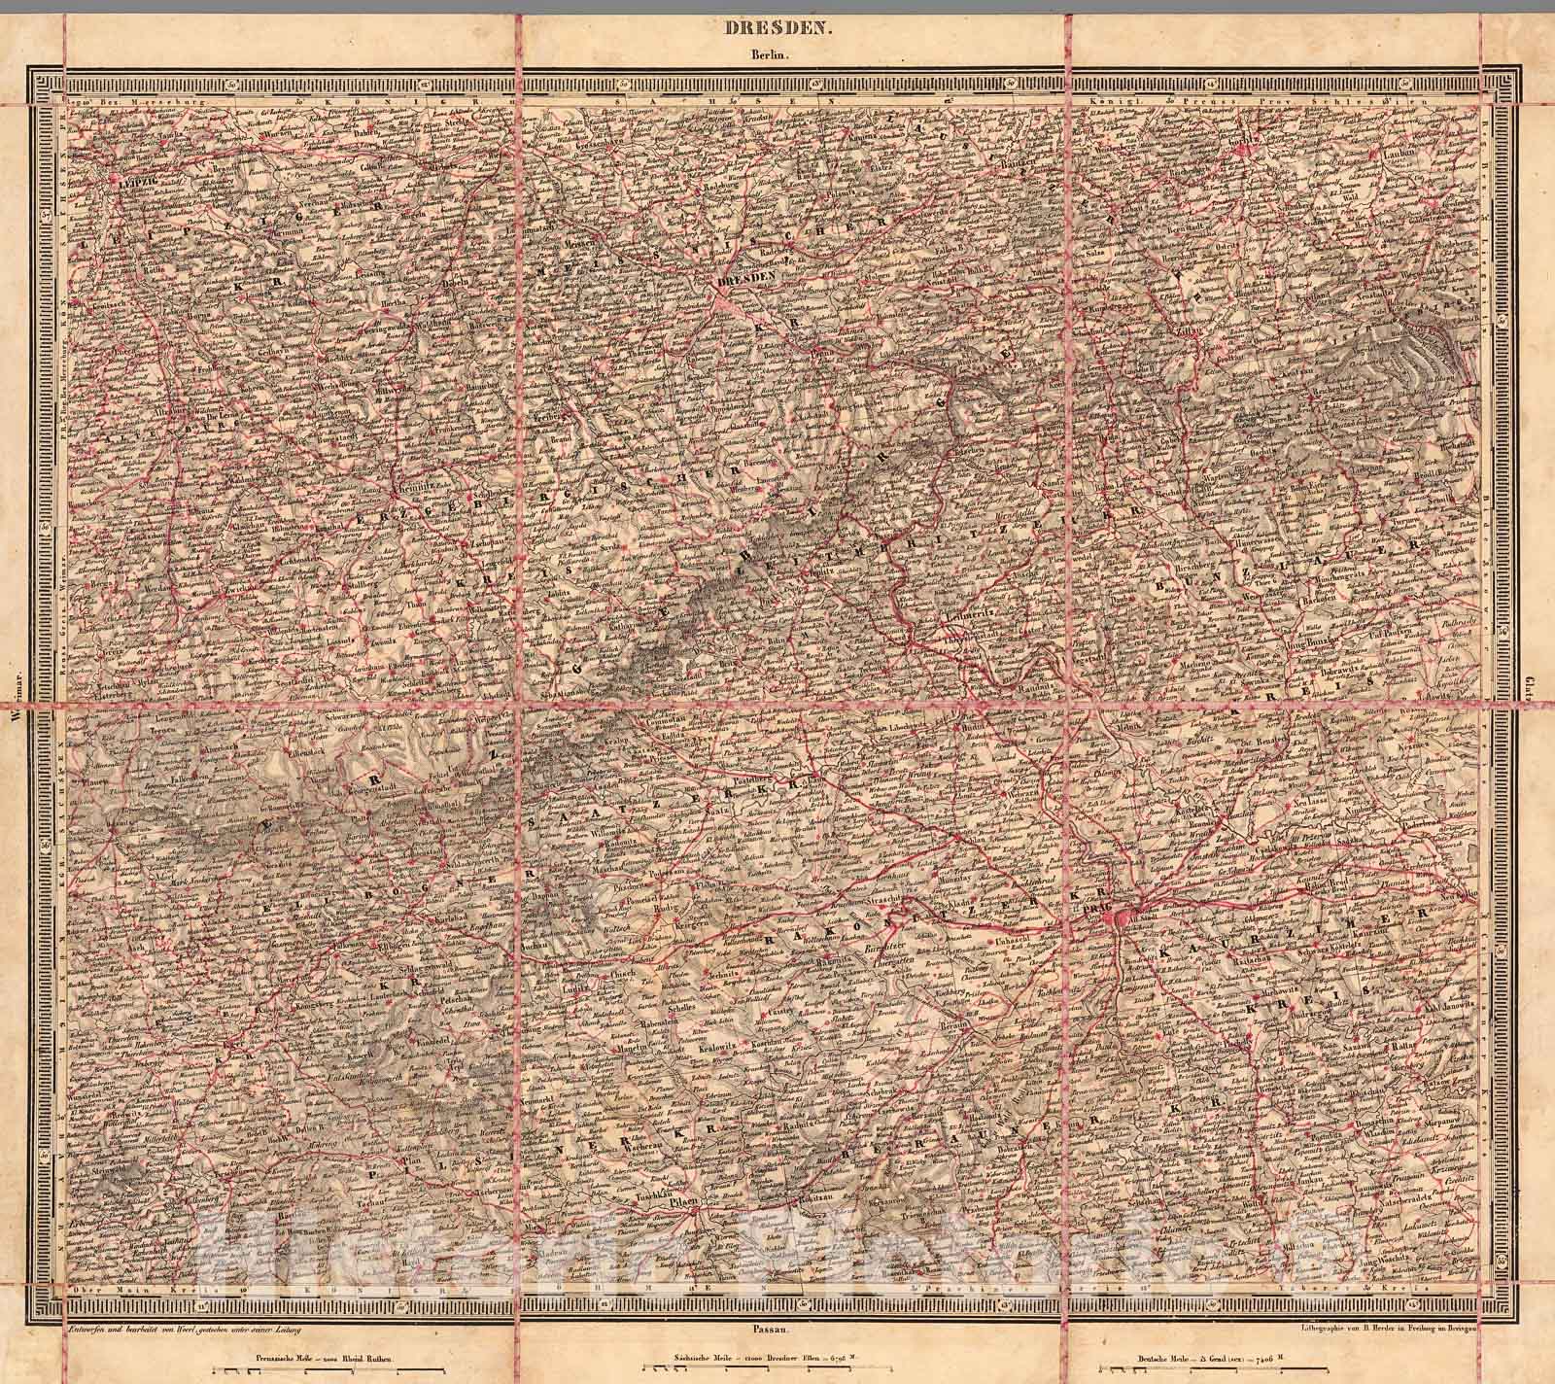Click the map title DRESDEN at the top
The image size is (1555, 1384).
tap(777, 29)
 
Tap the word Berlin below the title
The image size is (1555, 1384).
tap(777, 55)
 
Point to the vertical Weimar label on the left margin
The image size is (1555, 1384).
tap(14, 689)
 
